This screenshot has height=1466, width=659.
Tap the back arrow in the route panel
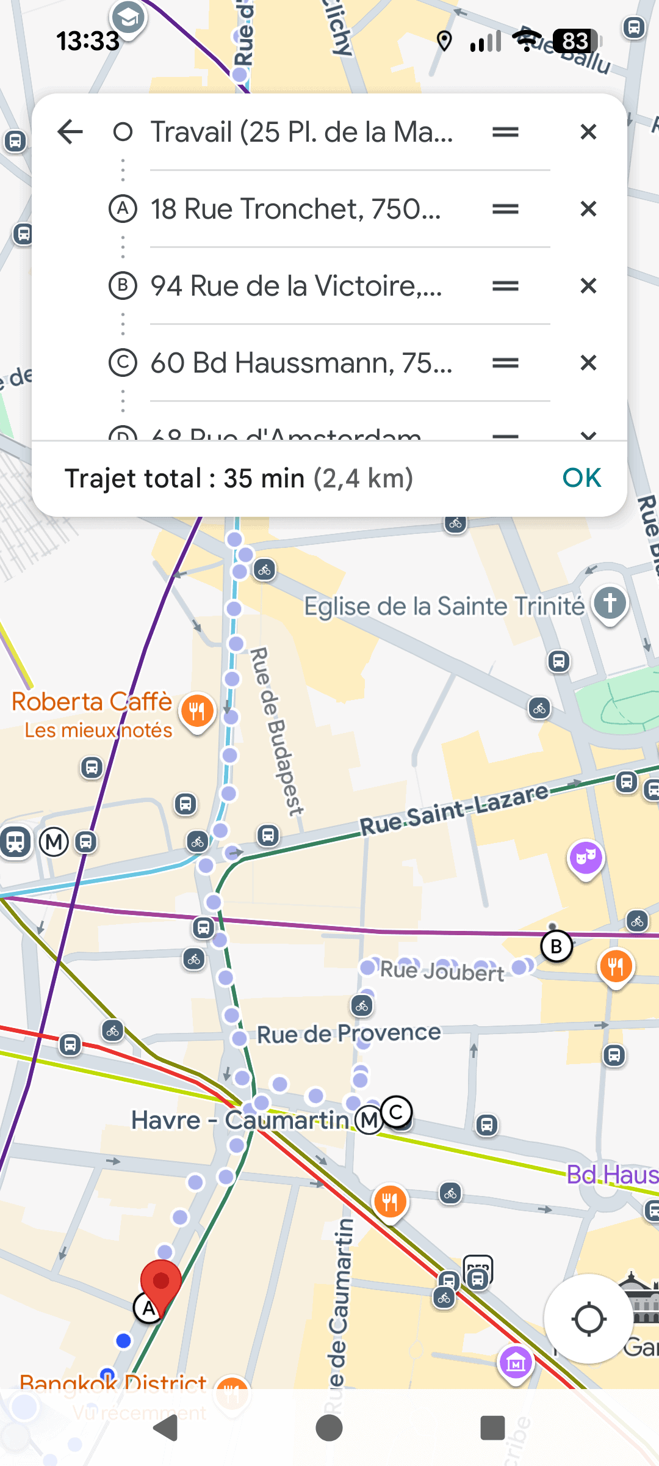coord(70,132)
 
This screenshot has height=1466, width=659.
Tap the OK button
coord(582,478)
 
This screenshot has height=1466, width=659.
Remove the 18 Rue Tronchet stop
coord(588,209)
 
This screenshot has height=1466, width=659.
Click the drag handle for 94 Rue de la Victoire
coord(505,286)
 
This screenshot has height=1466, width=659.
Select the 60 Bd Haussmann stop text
coord(301,363)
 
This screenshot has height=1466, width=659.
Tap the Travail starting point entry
coord(301,132)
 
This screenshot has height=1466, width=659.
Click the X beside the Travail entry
coord(588,132)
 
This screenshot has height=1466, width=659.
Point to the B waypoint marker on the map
coord(556,947)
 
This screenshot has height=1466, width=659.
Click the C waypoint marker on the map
coord(397,1112)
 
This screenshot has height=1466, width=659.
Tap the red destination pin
coord(160,1282)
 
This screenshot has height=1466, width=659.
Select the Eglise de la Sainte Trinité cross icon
coord(610,603)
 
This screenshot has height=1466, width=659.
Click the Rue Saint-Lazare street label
coord(454,809)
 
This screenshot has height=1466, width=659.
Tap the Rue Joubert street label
coord(442,971)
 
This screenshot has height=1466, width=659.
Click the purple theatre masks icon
coord(586,858)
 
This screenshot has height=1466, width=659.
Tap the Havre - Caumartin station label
coord(239,1120)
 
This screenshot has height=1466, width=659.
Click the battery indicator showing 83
coord(576,42)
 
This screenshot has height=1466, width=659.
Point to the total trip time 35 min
coord(264,478)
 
